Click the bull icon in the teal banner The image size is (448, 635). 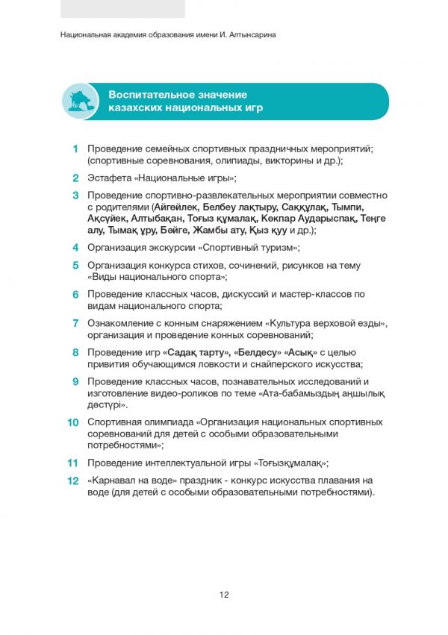click(x=81, y=101)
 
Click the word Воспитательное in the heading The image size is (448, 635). click(x=146, y=95)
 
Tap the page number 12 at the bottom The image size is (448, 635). click(x=224, y=595)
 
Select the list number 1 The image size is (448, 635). click(x=76, y=149)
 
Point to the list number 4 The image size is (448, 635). click(x=76, y=248)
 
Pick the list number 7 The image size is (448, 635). click(x=76, y=323)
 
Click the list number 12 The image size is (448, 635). click(x=73, y=481)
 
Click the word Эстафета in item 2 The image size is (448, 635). click(x=109, y=178)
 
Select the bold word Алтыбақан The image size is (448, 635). click(x=159, y=219)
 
